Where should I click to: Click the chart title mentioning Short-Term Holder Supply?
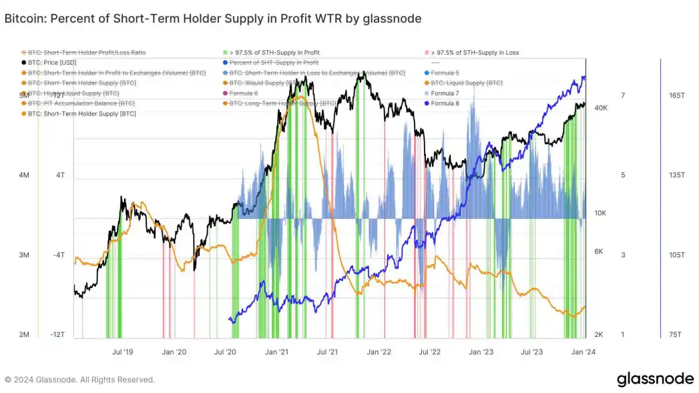pos(213,19)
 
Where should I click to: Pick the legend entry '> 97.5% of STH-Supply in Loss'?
pos(475,52)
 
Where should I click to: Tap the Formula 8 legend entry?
pos(445,103)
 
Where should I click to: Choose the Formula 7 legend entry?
pos(445,93)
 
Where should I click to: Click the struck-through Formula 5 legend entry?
pos(445,72)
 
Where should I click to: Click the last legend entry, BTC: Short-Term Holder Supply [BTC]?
pos(81,113)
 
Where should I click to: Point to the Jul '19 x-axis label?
pos(123,351)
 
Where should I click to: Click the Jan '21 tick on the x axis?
pos(276,351)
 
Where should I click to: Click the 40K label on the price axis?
pos(600,107)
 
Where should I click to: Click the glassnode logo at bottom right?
pos(655,379)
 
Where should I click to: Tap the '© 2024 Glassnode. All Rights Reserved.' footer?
pos(80,380)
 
